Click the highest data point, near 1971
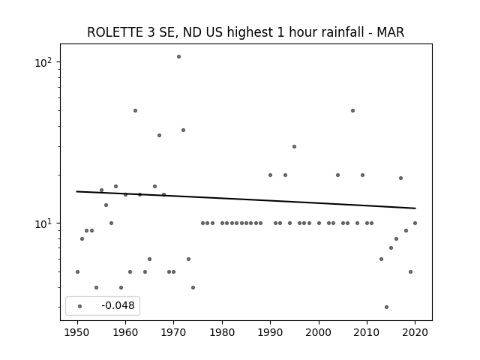178,57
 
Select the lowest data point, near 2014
386,307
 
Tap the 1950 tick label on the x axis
77,332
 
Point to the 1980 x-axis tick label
222,332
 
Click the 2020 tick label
415,332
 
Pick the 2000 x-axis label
319,332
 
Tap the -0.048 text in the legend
118,305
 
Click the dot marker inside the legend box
80,306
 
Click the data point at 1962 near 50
135,110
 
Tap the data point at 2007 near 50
352,110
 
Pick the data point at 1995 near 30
294,147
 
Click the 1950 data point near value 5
77,271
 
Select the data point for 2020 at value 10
415,223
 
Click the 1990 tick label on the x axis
270,332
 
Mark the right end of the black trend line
415,208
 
